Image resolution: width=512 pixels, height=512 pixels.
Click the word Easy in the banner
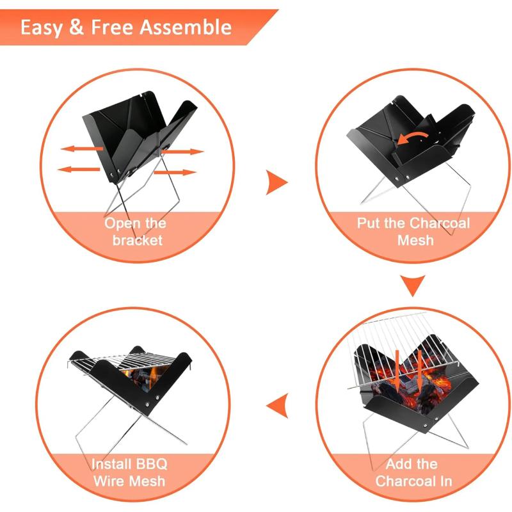tap(43, 28)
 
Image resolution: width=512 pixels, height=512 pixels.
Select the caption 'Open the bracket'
tap(135, 232)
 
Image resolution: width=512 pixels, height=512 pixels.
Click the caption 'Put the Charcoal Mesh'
tap(413, 232)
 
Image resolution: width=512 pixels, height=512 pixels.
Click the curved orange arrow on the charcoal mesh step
tap(412, 136)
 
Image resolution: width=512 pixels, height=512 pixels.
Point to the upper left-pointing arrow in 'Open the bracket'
tap(82, 148)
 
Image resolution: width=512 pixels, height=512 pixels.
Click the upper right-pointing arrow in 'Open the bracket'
tap(186, 152)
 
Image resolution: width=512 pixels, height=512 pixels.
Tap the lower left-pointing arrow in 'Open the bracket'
tap(77, 169)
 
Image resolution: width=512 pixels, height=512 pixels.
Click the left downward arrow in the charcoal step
tap(397, 367)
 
